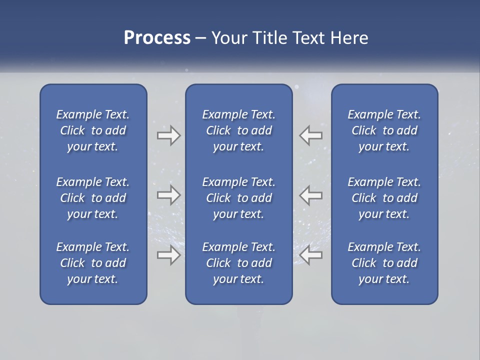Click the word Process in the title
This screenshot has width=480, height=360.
(x=157, y=38)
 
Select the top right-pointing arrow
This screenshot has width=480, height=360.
(x=169, y=135)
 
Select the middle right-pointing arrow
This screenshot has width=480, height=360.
(x=169, y=195)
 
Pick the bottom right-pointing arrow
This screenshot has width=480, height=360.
(x=169, y=255)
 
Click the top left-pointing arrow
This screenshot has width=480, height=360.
(x=311, y=135)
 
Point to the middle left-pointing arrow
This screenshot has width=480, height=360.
(x=311, y=195)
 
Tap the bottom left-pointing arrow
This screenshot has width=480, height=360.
(x=311, y=255)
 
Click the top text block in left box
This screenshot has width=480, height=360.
(x=93, y=130)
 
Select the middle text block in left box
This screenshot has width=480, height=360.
(x=93, y=198)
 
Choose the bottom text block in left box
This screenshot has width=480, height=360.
(x=93, y=263)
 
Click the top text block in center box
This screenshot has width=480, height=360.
(x=239, y=130)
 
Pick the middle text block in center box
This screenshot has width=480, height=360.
(x=239, y=198)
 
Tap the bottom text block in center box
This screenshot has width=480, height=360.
(x=239, y=263)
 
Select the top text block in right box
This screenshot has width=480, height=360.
(x=384, y=130)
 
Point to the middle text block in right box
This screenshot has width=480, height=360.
(x=384, y=198)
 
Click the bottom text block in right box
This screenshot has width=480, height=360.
(x=384, y=263)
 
